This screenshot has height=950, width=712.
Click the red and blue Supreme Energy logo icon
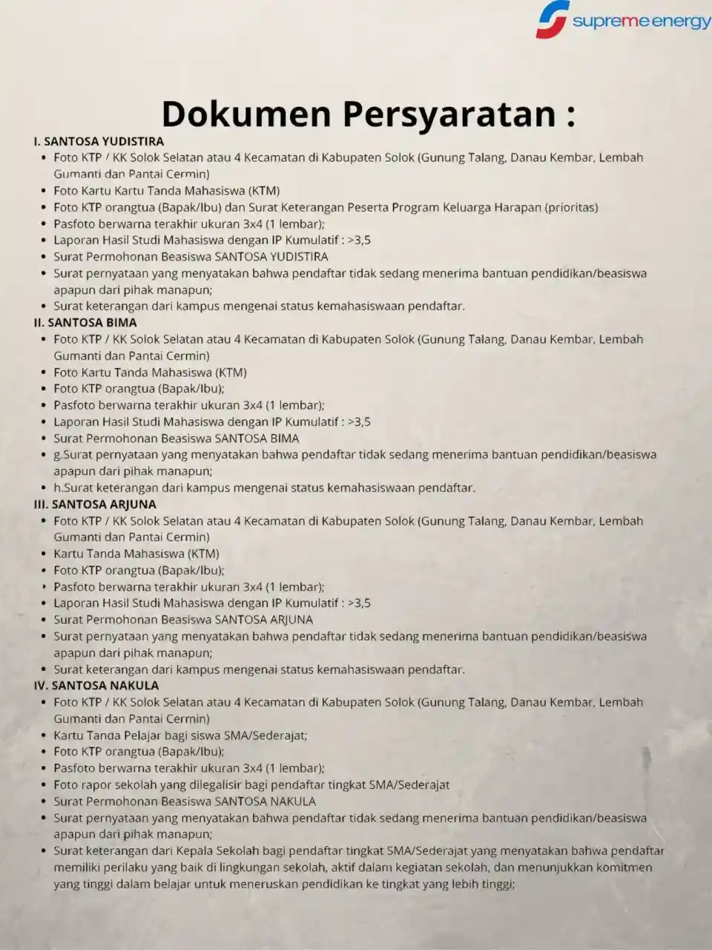point(553,20)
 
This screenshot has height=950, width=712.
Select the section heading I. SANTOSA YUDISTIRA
point(99,141)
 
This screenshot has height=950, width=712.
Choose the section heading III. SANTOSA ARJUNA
point(95,504)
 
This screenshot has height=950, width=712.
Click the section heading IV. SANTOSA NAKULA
point(96,685)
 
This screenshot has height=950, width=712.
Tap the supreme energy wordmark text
point(641,22)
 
